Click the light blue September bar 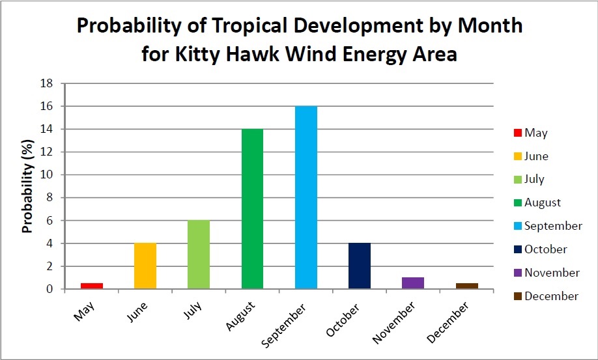pos(306,197)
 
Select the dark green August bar pos(253,209)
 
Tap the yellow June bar pos(145,266)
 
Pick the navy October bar pos(360,266)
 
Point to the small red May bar pos(92,286)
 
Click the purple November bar pos(413,283)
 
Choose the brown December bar pos(467,286)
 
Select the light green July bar pos(199,255)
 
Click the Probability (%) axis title pos(28,186)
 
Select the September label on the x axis pos(285,325)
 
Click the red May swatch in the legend pos(517,133)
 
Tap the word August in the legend pos(543,202)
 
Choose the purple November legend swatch pos(517,273)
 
